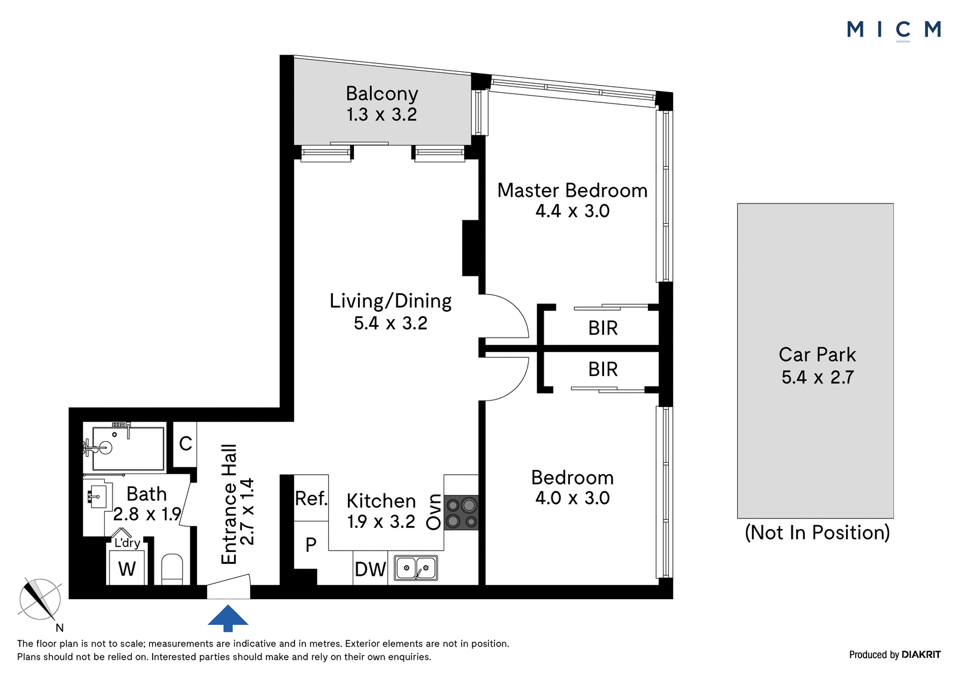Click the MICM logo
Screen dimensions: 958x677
tap(893, 31)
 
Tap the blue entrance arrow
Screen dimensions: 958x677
tap(228, 618)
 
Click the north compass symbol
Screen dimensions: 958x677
tap(40, 600)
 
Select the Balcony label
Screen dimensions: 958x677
tap(382, 93)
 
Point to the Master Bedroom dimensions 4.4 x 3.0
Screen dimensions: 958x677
tap(572, 211)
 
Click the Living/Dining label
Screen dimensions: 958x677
tap(390, 302)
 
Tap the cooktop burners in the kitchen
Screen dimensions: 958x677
tap(461, 513)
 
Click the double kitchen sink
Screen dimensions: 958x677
tap(416, 568)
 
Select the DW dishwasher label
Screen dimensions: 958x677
tap(371, 569)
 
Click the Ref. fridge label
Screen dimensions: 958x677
tap(311, 499)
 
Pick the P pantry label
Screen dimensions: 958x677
tap(311, 545)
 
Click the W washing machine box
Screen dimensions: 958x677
tap(127, 568)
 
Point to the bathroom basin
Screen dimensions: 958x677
tap(98, 496)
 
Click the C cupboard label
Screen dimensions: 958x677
tap(185, 444)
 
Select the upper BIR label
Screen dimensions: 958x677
tap(602, 329)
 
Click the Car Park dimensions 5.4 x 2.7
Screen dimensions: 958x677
tap(817, 377)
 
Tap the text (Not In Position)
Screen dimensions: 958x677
tap(817, 533)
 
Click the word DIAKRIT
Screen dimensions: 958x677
tap(921, 654)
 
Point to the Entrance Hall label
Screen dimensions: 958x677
tap(229, 505)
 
